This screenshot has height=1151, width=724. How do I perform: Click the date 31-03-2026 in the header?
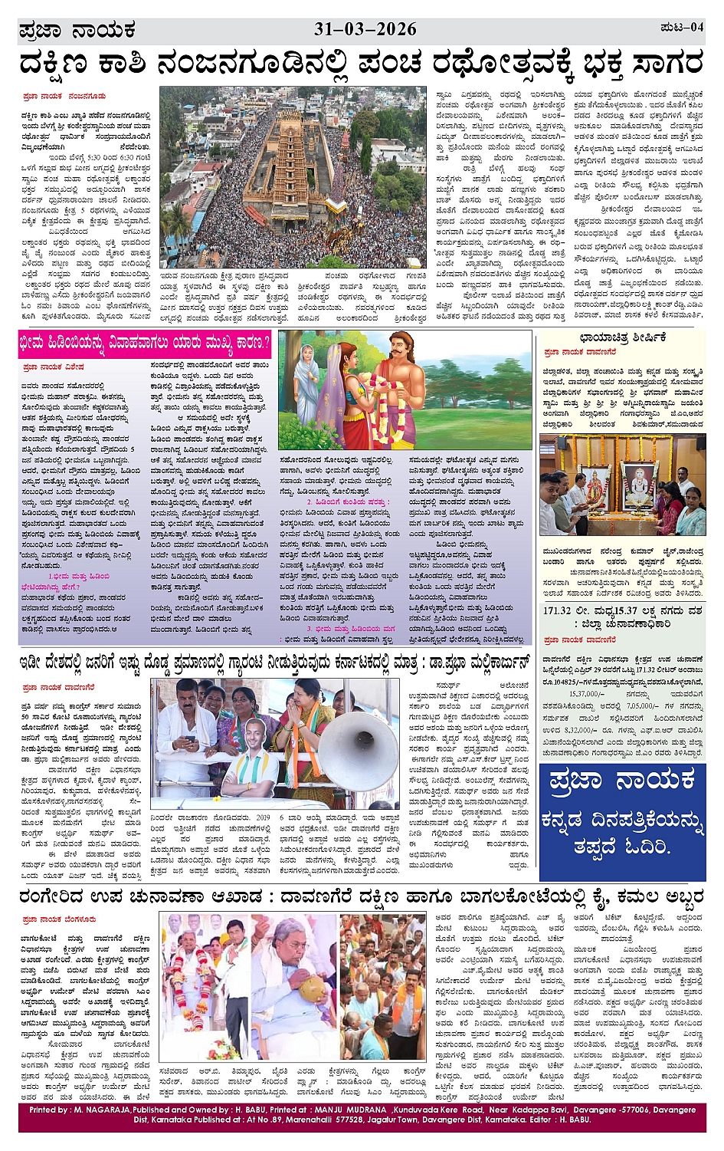(365, 30)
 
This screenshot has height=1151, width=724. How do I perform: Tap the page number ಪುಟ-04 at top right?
(681, 28)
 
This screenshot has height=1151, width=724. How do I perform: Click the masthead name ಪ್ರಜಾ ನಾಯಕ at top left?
(77, 31)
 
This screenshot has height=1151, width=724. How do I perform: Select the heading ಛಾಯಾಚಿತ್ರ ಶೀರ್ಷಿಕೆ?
(622, 337)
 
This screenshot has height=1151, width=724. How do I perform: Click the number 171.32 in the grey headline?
(558, 610)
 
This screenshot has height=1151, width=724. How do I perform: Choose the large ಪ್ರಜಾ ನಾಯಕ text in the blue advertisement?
(622, 781)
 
